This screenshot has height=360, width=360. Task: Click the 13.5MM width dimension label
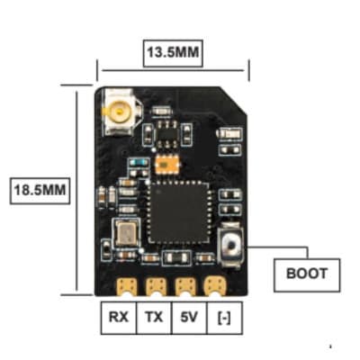point(173,52)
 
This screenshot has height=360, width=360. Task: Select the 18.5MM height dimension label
point(39,191)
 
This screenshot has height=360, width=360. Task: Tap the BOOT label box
point(306,272)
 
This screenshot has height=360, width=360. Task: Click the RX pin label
point(119,317)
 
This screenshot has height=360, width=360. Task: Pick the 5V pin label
point(188,317)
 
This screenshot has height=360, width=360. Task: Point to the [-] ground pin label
point(222,317)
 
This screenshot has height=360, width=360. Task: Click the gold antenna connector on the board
point(117,112)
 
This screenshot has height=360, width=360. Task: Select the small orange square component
point(165,165)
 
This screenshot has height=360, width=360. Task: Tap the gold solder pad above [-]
point(215,286)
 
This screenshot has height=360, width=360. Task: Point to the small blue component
point(137,164)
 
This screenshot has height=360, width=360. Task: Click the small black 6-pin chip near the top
point(166,132)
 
